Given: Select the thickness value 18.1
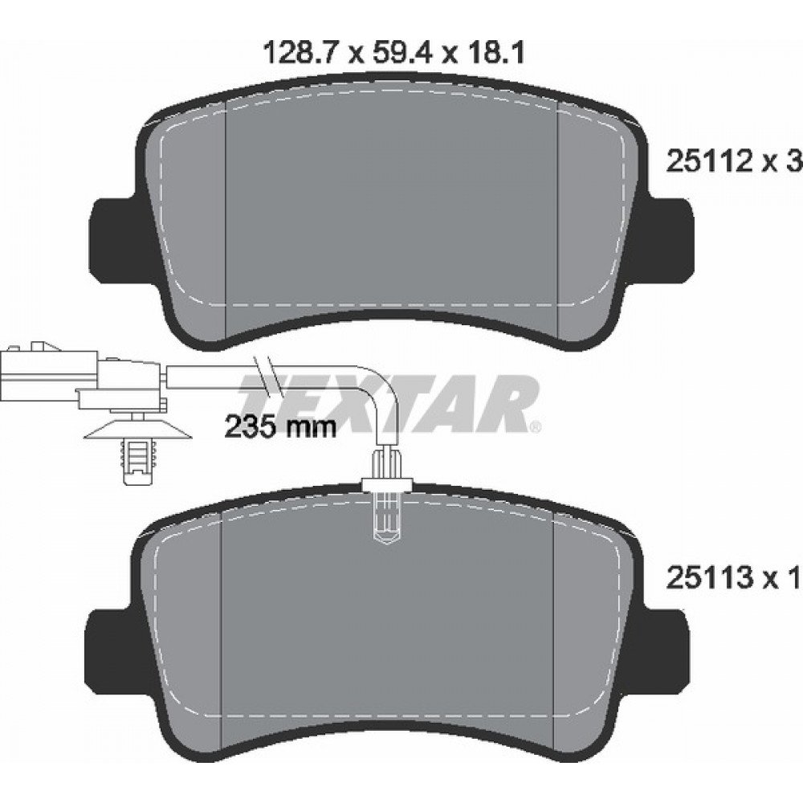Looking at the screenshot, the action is pos(493,54).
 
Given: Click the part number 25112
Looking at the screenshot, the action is pos(708,163).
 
